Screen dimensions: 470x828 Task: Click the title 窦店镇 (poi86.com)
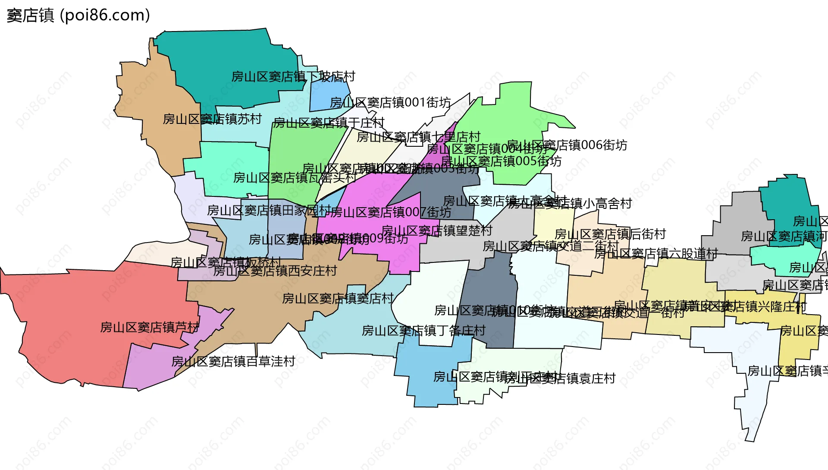coord(78,16)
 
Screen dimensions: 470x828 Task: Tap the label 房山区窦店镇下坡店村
coord(293,77)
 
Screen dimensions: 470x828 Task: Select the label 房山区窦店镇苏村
coord(212,119)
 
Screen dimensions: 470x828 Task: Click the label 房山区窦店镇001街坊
coord(390,103)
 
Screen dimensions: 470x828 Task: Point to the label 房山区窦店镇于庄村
coord(329,123)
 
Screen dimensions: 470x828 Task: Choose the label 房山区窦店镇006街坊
coord(567,145)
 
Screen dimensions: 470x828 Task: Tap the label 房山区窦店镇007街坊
coord(391,212)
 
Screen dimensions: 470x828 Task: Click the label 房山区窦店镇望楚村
coord(437,230)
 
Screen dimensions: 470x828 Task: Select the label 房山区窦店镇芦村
coord(150,328)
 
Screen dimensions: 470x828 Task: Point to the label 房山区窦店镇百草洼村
coord(233,361)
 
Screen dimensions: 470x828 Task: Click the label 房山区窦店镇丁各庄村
coord(423,331)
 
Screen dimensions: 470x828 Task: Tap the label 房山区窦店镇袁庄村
coord(561,379)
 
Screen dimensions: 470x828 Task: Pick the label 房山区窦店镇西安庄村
coord(275,271)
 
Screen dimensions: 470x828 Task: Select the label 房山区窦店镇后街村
coord(610,234)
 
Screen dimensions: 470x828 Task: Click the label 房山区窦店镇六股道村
coord(656,253)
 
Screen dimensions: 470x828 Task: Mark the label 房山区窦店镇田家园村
coord(269,211)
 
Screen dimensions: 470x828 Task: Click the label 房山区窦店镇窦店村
coord(338,298)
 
